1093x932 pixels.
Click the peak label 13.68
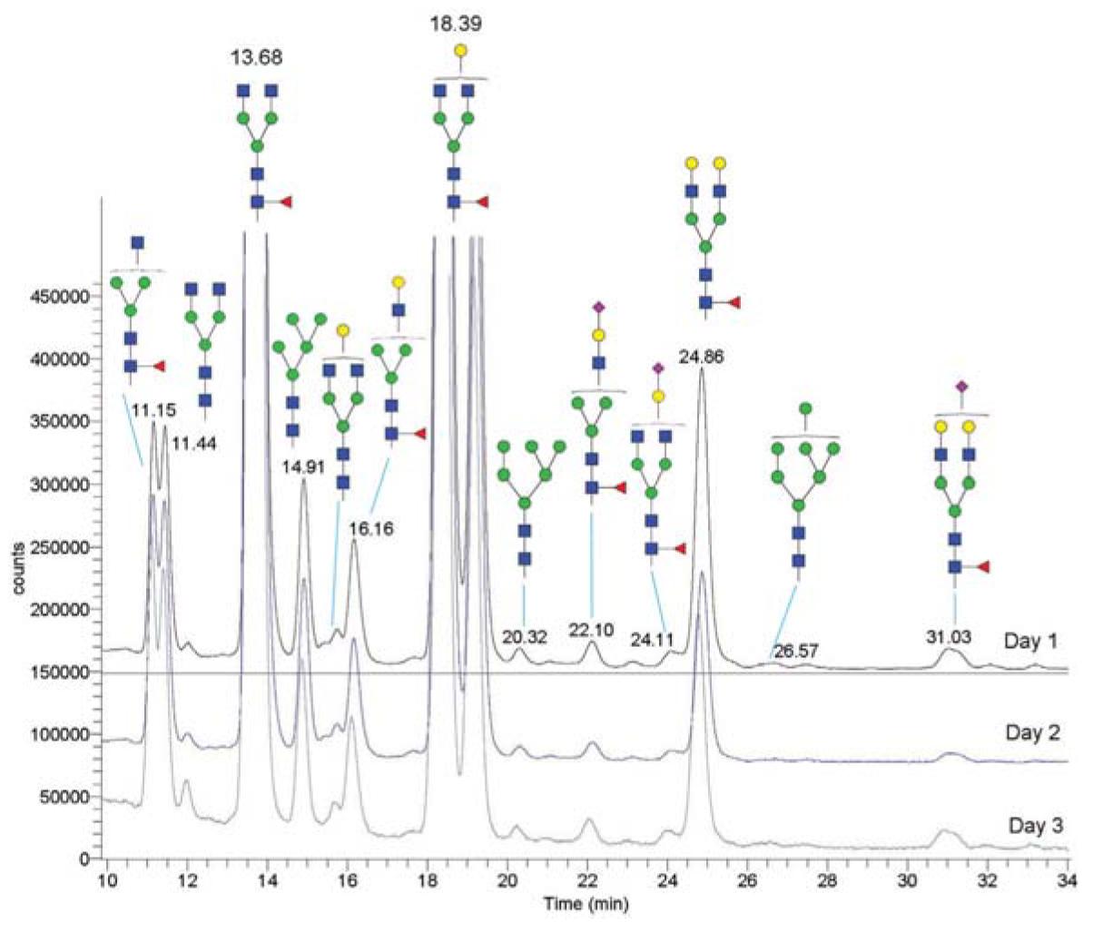(257, 57)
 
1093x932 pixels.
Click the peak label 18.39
(457, 21)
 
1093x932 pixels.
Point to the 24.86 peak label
(699, 357)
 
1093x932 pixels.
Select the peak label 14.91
(304, 469)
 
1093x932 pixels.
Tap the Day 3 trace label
(1033, 826)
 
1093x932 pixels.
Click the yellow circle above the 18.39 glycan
(460, 51)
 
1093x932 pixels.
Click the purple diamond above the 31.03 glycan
(961, 387)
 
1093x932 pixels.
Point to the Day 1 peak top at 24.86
(702, 369)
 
